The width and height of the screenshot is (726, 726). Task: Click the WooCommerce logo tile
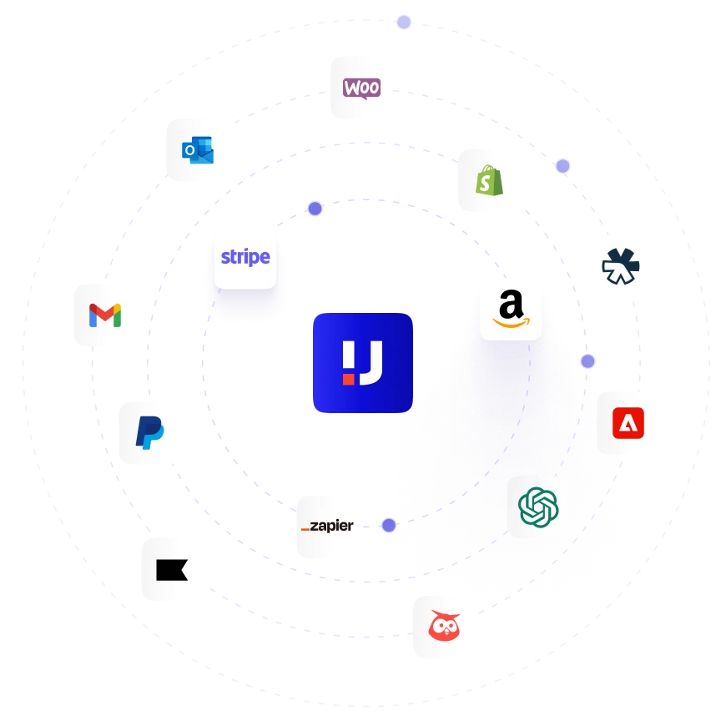click(x=361, y=88)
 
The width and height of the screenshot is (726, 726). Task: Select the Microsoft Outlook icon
click(x=198, y=151)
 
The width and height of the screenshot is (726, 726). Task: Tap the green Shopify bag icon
click(x=489, y=180)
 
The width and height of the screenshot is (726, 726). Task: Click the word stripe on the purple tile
click(x=245, y=257)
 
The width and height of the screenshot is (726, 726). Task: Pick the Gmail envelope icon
click(x=105, y=315)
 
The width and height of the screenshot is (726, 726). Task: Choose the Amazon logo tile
click(x=511, y=307)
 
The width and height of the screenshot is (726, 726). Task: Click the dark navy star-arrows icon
click(x=621, y=267)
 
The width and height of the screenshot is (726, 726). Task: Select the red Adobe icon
click(x=628, y=421)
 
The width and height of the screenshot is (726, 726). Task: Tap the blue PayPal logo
click(x=150, y=432)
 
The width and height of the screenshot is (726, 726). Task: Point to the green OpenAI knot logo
click(x=538, y=507)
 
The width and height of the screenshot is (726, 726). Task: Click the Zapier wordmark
click(x=327, y=527)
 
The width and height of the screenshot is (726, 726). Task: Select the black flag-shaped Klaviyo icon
click(x=173, y=568)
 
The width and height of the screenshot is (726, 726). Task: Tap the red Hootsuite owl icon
click(x=444, y=627)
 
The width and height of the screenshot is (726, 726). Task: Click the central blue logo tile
click(x=363, y=363)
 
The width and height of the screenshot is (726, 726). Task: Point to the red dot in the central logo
click(x=348, y=378)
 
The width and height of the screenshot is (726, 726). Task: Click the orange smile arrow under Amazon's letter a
click(x=511, y=320)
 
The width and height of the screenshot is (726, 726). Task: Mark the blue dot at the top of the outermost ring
click(x=404, y=23)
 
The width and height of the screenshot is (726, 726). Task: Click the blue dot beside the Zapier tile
click(x=389, y=526)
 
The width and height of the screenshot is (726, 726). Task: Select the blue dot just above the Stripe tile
click(x=315, y=209)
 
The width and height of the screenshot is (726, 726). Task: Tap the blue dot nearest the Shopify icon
click(x=563, y=166)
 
